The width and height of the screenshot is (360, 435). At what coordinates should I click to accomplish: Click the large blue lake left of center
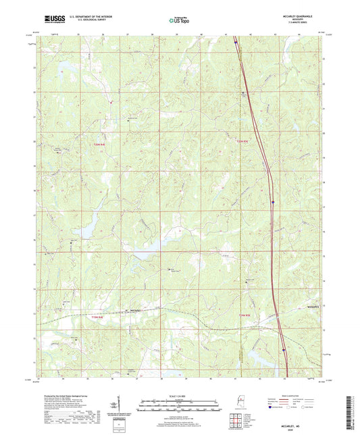(86, 232)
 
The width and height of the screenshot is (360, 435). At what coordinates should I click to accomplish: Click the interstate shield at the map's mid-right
(272, 201)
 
